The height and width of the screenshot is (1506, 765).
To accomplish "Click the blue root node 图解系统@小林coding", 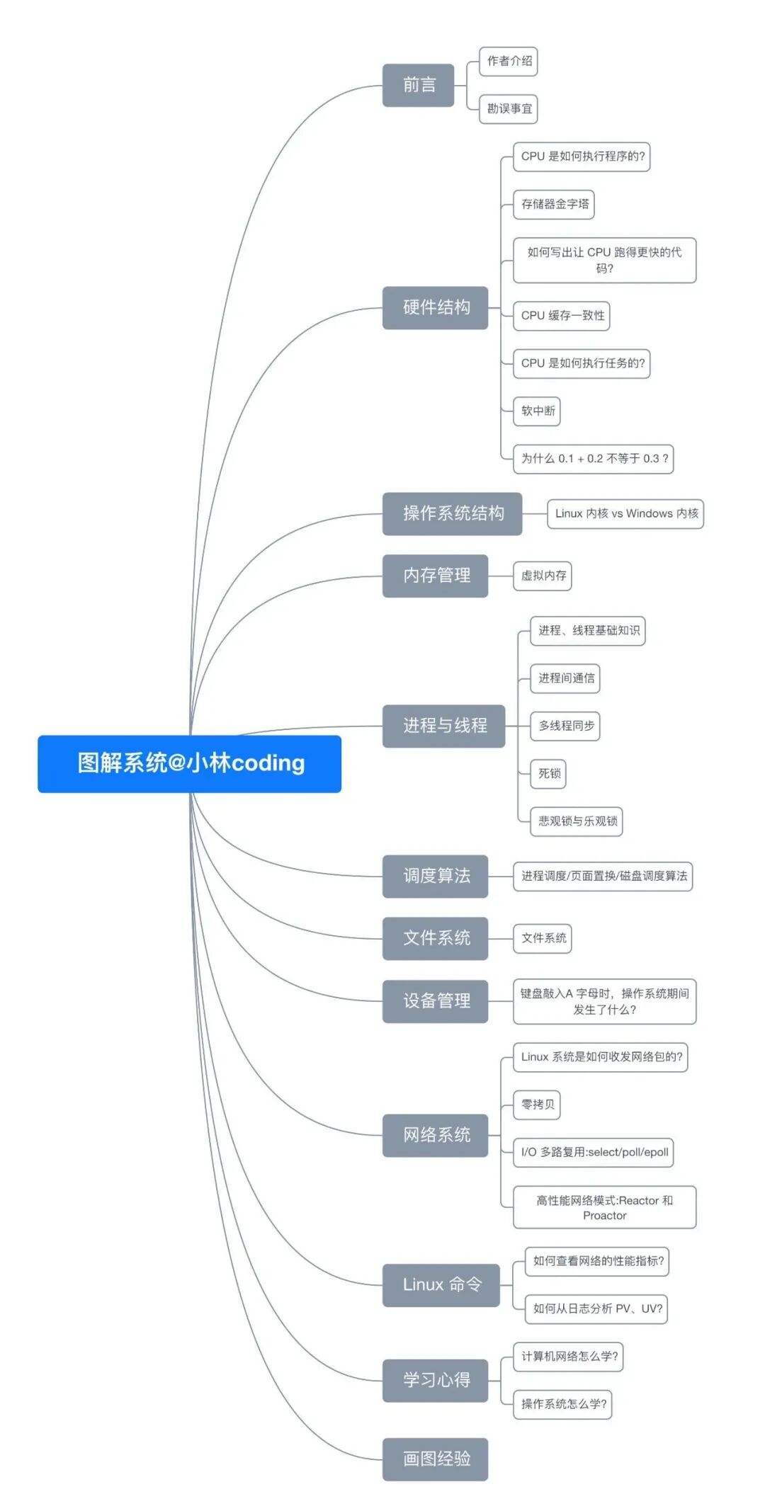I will pos(189,763).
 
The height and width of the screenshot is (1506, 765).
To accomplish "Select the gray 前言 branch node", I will pos(418,85).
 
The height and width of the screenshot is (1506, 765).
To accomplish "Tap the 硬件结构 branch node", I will pos(435,307).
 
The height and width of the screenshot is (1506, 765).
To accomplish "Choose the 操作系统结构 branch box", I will pos(452,513).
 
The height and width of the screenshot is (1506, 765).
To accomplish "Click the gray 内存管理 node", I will pos(435,576).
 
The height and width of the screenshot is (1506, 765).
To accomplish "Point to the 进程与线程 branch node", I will pos(443,726).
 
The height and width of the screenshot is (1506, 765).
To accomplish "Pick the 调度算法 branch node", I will pos(435,876).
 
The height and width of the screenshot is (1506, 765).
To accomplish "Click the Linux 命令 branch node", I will pos(441,1285).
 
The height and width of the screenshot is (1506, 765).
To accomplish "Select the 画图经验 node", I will pos(435,1459).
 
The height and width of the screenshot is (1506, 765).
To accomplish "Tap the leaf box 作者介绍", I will pos(509,61).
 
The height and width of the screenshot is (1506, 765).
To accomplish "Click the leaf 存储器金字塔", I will pos(554,204).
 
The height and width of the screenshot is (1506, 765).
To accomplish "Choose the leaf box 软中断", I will pos(537,411).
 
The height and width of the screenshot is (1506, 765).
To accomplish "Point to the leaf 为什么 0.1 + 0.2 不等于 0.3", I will pos(594,458).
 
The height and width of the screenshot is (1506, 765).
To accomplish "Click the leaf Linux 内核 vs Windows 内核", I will pos(625,513).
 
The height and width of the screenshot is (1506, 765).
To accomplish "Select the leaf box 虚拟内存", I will pos(543,576).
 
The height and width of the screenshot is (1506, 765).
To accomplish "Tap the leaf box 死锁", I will pos(548,773).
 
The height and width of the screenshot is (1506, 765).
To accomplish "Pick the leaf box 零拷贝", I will pos(537,1105).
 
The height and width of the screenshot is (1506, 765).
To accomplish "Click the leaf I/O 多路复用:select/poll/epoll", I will pos(594,1152).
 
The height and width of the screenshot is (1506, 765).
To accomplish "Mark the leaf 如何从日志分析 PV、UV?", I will pos(596,1308).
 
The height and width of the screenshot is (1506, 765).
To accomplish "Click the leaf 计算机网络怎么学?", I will pos(568,1356).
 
